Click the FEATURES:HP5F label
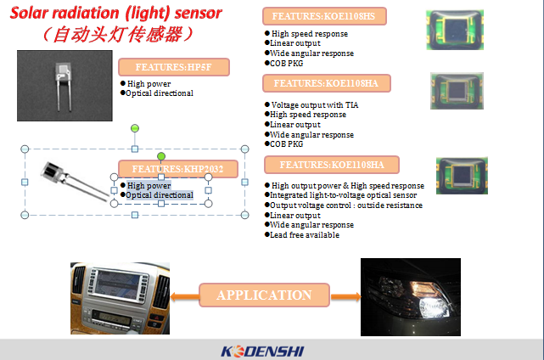tap(174, 67)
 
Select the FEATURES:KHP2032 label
tap(178, 169)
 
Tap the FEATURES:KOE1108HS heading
tap(324, 16)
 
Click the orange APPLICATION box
tap(264, 295)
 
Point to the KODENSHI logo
tap(262, 352)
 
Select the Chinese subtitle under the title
tap(118, 35)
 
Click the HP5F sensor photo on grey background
tap(64, 86)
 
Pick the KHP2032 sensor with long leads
tap(74, 181)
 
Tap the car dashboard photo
tap(120, 299)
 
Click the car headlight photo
tap(411, 297)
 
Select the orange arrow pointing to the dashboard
tap(184, 297)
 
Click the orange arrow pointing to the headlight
tap(346, 297)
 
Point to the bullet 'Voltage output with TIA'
tap(311, 104)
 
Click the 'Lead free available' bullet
tap(302, 235)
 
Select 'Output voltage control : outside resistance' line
tap(344, 205)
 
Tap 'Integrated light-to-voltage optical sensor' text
tap(340, 195)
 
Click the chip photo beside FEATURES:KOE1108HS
tap(455, 30)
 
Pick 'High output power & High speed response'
tap(345, 186)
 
